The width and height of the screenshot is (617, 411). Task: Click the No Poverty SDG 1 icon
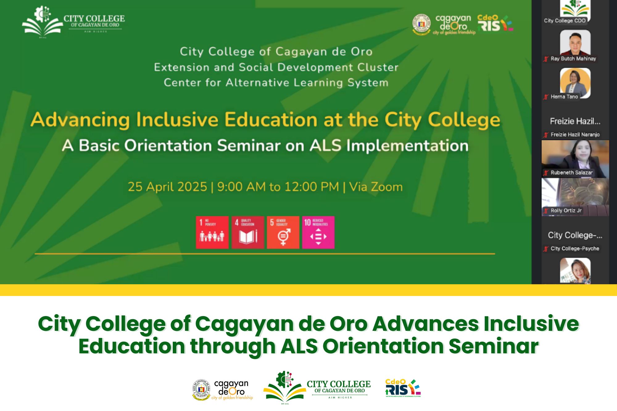(212, 232)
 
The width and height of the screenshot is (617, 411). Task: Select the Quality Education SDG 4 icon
(248, 232)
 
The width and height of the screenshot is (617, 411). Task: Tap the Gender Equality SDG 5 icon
(283, 232)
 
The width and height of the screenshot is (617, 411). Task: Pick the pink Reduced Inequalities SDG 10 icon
(318, 232)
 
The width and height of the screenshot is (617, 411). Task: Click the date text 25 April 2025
(167, 187)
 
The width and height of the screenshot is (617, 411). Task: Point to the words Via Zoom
(376, 187)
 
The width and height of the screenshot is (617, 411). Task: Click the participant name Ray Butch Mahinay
(573, 59)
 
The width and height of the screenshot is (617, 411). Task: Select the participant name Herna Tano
(564, 97)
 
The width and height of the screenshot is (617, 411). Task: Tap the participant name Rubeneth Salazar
(571, 173)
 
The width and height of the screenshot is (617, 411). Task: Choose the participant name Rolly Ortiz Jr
(566, 211)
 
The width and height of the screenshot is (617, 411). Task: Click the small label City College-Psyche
(575, 249)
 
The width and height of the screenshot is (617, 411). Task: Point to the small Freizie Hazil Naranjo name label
(575, 134)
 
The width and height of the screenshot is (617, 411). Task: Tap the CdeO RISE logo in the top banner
(495, 23)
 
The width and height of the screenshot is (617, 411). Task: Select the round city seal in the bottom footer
(201, 389)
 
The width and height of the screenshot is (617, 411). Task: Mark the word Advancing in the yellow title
(80, 120)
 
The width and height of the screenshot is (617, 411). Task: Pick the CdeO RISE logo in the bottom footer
(403, 388)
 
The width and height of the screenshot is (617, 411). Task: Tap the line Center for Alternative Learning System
(276, 83)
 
